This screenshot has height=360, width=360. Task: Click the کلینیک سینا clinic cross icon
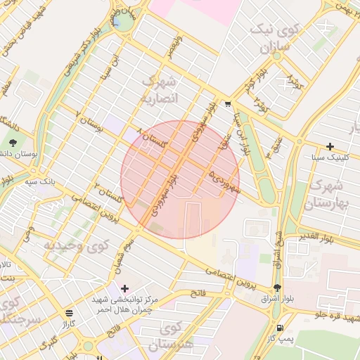click(330, 146)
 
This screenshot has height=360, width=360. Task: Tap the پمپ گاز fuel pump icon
click(281, 328)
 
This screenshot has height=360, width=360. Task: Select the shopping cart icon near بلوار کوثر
click(228, 104)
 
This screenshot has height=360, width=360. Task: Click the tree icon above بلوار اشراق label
click(277, 288)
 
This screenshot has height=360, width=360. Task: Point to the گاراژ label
click(68, 324)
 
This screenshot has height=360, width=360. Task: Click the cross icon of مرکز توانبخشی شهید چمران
click(125, 288)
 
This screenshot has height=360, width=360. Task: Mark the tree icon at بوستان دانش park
click(11, 153)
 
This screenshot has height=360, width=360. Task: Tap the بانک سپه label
click(39, 181)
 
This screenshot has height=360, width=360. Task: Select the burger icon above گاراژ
click(68, 312)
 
